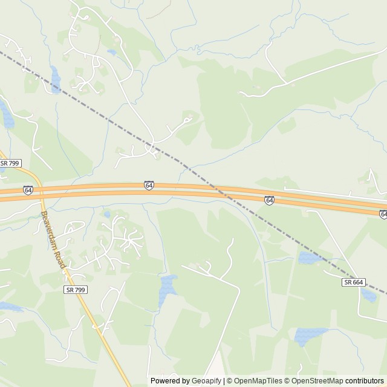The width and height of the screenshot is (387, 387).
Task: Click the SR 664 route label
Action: [354, 282]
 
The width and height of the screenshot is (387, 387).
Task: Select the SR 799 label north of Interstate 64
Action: [10, 163]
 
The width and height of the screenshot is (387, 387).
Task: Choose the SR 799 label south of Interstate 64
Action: [75, 290]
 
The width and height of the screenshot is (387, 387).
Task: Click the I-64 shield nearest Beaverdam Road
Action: [28, 190]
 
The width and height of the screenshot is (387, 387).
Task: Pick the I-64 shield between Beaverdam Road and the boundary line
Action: [149, 185]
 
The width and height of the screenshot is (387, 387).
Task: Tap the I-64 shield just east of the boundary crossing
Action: [269, 200]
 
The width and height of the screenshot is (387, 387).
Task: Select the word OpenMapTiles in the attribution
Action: [258, 381]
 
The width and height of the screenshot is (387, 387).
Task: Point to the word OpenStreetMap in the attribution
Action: [314, 381]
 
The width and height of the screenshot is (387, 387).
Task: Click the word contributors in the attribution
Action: [365, 381]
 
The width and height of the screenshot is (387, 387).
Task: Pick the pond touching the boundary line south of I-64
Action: [311, 258]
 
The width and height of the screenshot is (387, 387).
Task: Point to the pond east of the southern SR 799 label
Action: [167, 290]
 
